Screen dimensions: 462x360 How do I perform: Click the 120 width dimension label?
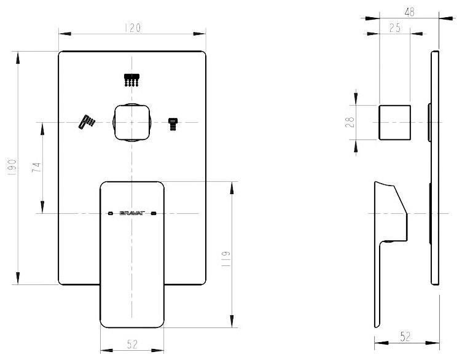133,28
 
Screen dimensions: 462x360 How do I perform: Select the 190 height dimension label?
12,168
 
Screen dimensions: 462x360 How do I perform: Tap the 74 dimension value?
36,167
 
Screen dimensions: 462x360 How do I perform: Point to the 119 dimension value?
225,259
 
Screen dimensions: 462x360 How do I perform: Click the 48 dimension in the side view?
410,12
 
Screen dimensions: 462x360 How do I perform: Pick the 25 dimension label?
395,28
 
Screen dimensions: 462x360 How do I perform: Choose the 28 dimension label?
350,122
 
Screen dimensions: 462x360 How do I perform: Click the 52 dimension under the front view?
132,344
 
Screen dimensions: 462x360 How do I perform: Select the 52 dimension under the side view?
405,336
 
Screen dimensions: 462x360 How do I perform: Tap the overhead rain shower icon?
131,80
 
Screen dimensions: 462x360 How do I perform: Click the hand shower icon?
87,122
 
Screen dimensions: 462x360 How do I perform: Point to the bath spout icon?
173,124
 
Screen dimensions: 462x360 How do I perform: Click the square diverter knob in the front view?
131,122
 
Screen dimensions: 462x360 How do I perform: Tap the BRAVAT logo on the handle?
131,213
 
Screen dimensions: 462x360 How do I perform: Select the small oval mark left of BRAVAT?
110,213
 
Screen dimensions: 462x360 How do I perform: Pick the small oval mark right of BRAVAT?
153,213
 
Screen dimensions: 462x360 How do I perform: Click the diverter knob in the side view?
394,122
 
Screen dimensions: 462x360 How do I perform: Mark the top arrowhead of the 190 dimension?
18,58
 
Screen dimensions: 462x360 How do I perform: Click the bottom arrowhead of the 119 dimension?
232,321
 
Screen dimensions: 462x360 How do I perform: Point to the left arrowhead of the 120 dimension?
65,34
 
